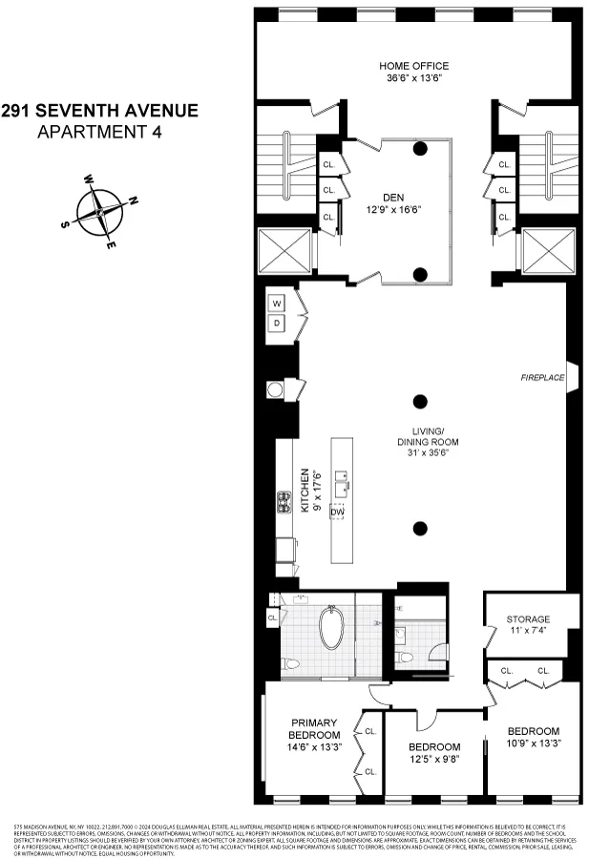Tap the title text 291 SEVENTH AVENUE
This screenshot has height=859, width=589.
(99, 111)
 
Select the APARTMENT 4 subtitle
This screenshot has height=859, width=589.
(99, 132)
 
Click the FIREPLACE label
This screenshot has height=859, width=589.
(542, 378)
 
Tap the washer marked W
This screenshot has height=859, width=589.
(278, 304)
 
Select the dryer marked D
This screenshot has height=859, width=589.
(278, 324)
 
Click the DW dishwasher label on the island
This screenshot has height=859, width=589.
(337, 512)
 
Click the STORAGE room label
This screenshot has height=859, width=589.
(528, 619)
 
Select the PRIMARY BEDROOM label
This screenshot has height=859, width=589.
(315, 728)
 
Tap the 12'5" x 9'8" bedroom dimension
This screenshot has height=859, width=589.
(434, 760)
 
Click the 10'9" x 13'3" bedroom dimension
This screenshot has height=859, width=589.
(533, 744)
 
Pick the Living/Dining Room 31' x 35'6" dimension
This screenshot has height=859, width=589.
(429, 451)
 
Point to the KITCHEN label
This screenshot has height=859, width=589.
(305, 491)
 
